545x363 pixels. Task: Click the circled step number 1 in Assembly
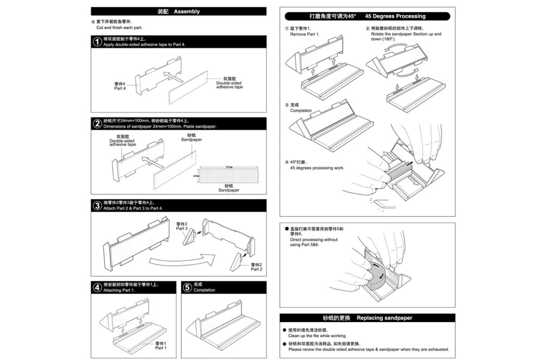pos(97,42)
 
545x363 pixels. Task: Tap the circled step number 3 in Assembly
pos(97,205)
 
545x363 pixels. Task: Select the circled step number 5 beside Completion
pos(188,287)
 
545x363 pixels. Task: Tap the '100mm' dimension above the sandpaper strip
pos(228,167)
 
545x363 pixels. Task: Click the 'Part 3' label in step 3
pos(182,226)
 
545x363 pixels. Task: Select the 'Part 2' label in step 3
pos(256,267)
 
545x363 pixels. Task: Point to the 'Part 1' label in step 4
pos(161,346)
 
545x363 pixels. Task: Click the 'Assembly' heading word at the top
pos(187,11)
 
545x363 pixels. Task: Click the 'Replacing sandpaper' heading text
pos(384,318)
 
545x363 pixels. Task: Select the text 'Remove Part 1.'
pos(305,34)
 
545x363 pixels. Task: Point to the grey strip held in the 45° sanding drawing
pos(400,170)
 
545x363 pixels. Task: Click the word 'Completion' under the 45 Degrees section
pos(301,110)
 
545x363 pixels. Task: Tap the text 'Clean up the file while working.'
pos(317,336)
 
